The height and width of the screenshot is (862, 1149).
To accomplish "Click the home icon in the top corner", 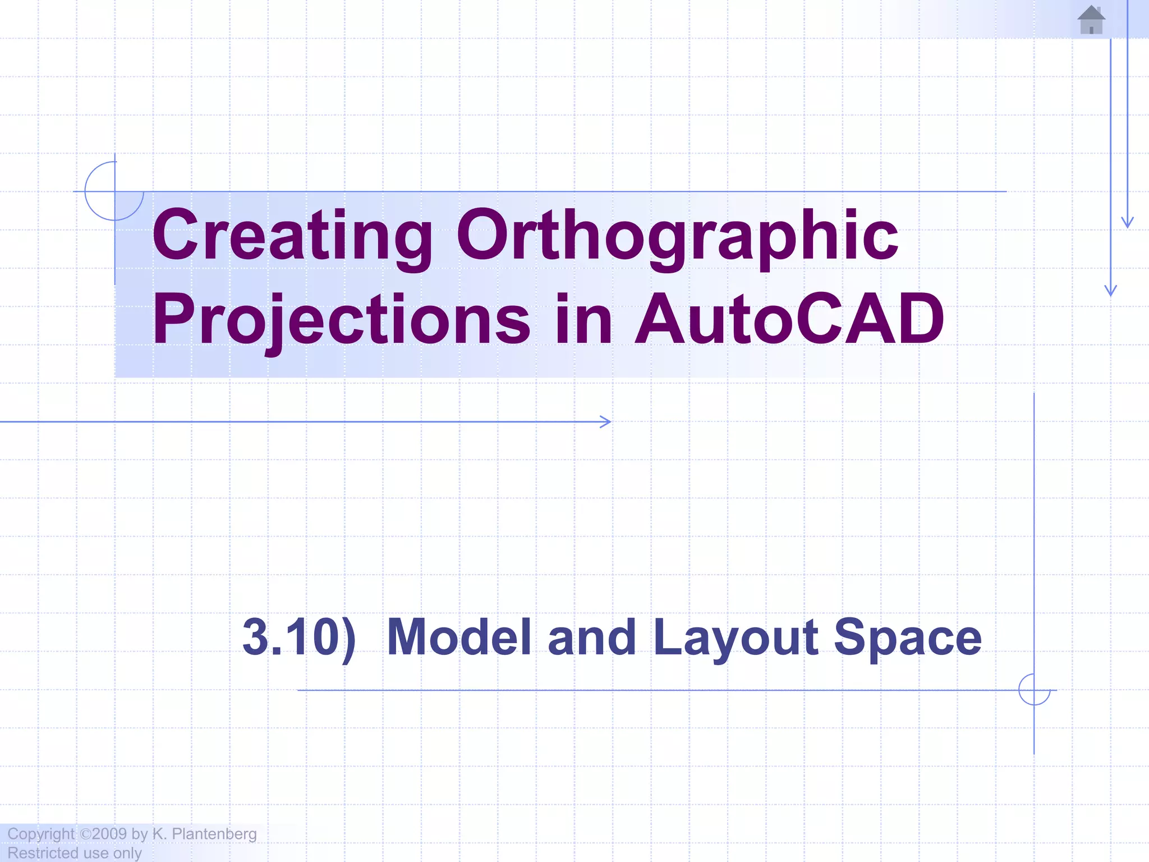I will click(x=1091, y=20).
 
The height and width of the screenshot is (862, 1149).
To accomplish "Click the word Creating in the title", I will click(x=292, y=236).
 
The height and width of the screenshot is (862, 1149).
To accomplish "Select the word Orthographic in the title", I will click(x=677, y=236).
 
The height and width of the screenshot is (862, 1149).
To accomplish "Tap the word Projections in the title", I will click(x=341, y=320).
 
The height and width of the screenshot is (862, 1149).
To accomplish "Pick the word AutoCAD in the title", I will click(x=789, y=320).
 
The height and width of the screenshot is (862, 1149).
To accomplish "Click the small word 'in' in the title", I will click(x=583, y=320).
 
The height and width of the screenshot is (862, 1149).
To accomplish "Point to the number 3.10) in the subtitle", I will click(x=298, y=637).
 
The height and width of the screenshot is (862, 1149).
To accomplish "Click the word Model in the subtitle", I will click(x=459, y=637).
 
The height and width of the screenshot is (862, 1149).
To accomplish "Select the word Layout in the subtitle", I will click(x=736, y=637).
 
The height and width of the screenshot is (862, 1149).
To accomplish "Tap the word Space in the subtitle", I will click(x=907, y=637).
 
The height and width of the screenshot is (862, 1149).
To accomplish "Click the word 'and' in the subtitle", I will click(x=591, y=637).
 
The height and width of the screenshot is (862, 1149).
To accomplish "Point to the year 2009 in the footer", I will click(x=109, y=834).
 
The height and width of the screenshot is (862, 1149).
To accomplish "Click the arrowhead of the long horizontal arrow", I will click(x=606, y=421).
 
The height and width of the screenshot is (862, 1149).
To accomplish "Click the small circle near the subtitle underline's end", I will click(x=1034, y=690).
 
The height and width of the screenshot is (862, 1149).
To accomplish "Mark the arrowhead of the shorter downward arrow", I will click(x=1127, y=223).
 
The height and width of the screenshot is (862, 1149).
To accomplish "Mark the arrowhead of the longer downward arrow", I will click(x=1110, y=291).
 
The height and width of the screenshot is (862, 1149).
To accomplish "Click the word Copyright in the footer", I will click(x=40, y=834).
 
